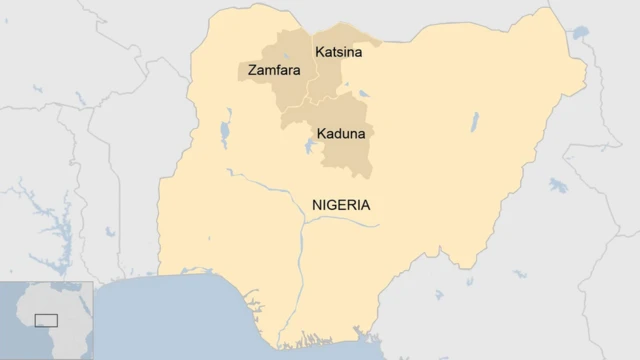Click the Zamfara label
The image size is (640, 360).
coord(270,72)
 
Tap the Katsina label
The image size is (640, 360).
coord(339,51)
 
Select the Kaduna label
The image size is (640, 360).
coord(340,133)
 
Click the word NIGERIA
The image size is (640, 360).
coord(341,205)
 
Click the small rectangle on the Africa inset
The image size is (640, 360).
coord(46,320)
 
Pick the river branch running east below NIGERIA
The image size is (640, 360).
coord(345,223)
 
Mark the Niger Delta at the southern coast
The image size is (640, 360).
coord(300,335)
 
